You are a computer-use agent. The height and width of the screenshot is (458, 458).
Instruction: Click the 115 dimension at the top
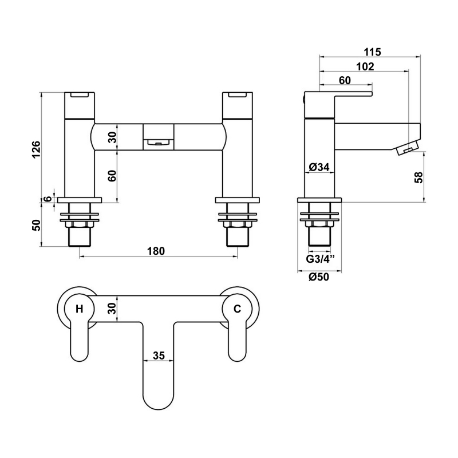click(x=372, y=52)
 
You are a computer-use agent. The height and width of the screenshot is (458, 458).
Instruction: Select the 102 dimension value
click(x=364, y=66)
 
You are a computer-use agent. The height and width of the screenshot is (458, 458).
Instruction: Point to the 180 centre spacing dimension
click(x=156, y=251)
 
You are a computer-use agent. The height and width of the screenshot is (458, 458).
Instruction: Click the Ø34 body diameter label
click(x=318, y=167)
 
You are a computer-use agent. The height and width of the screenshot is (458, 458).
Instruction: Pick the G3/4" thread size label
click(x=319, y=259)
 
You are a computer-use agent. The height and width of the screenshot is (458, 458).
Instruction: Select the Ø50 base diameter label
click(x=318, y=277)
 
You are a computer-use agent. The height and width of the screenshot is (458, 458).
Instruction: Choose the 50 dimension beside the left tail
click(x=35, y=225)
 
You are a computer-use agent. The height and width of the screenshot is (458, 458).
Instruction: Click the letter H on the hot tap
click(x=79, y=309)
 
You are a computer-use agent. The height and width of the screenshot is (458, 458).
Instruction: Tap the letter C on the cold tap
click(x=236, y=309)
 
